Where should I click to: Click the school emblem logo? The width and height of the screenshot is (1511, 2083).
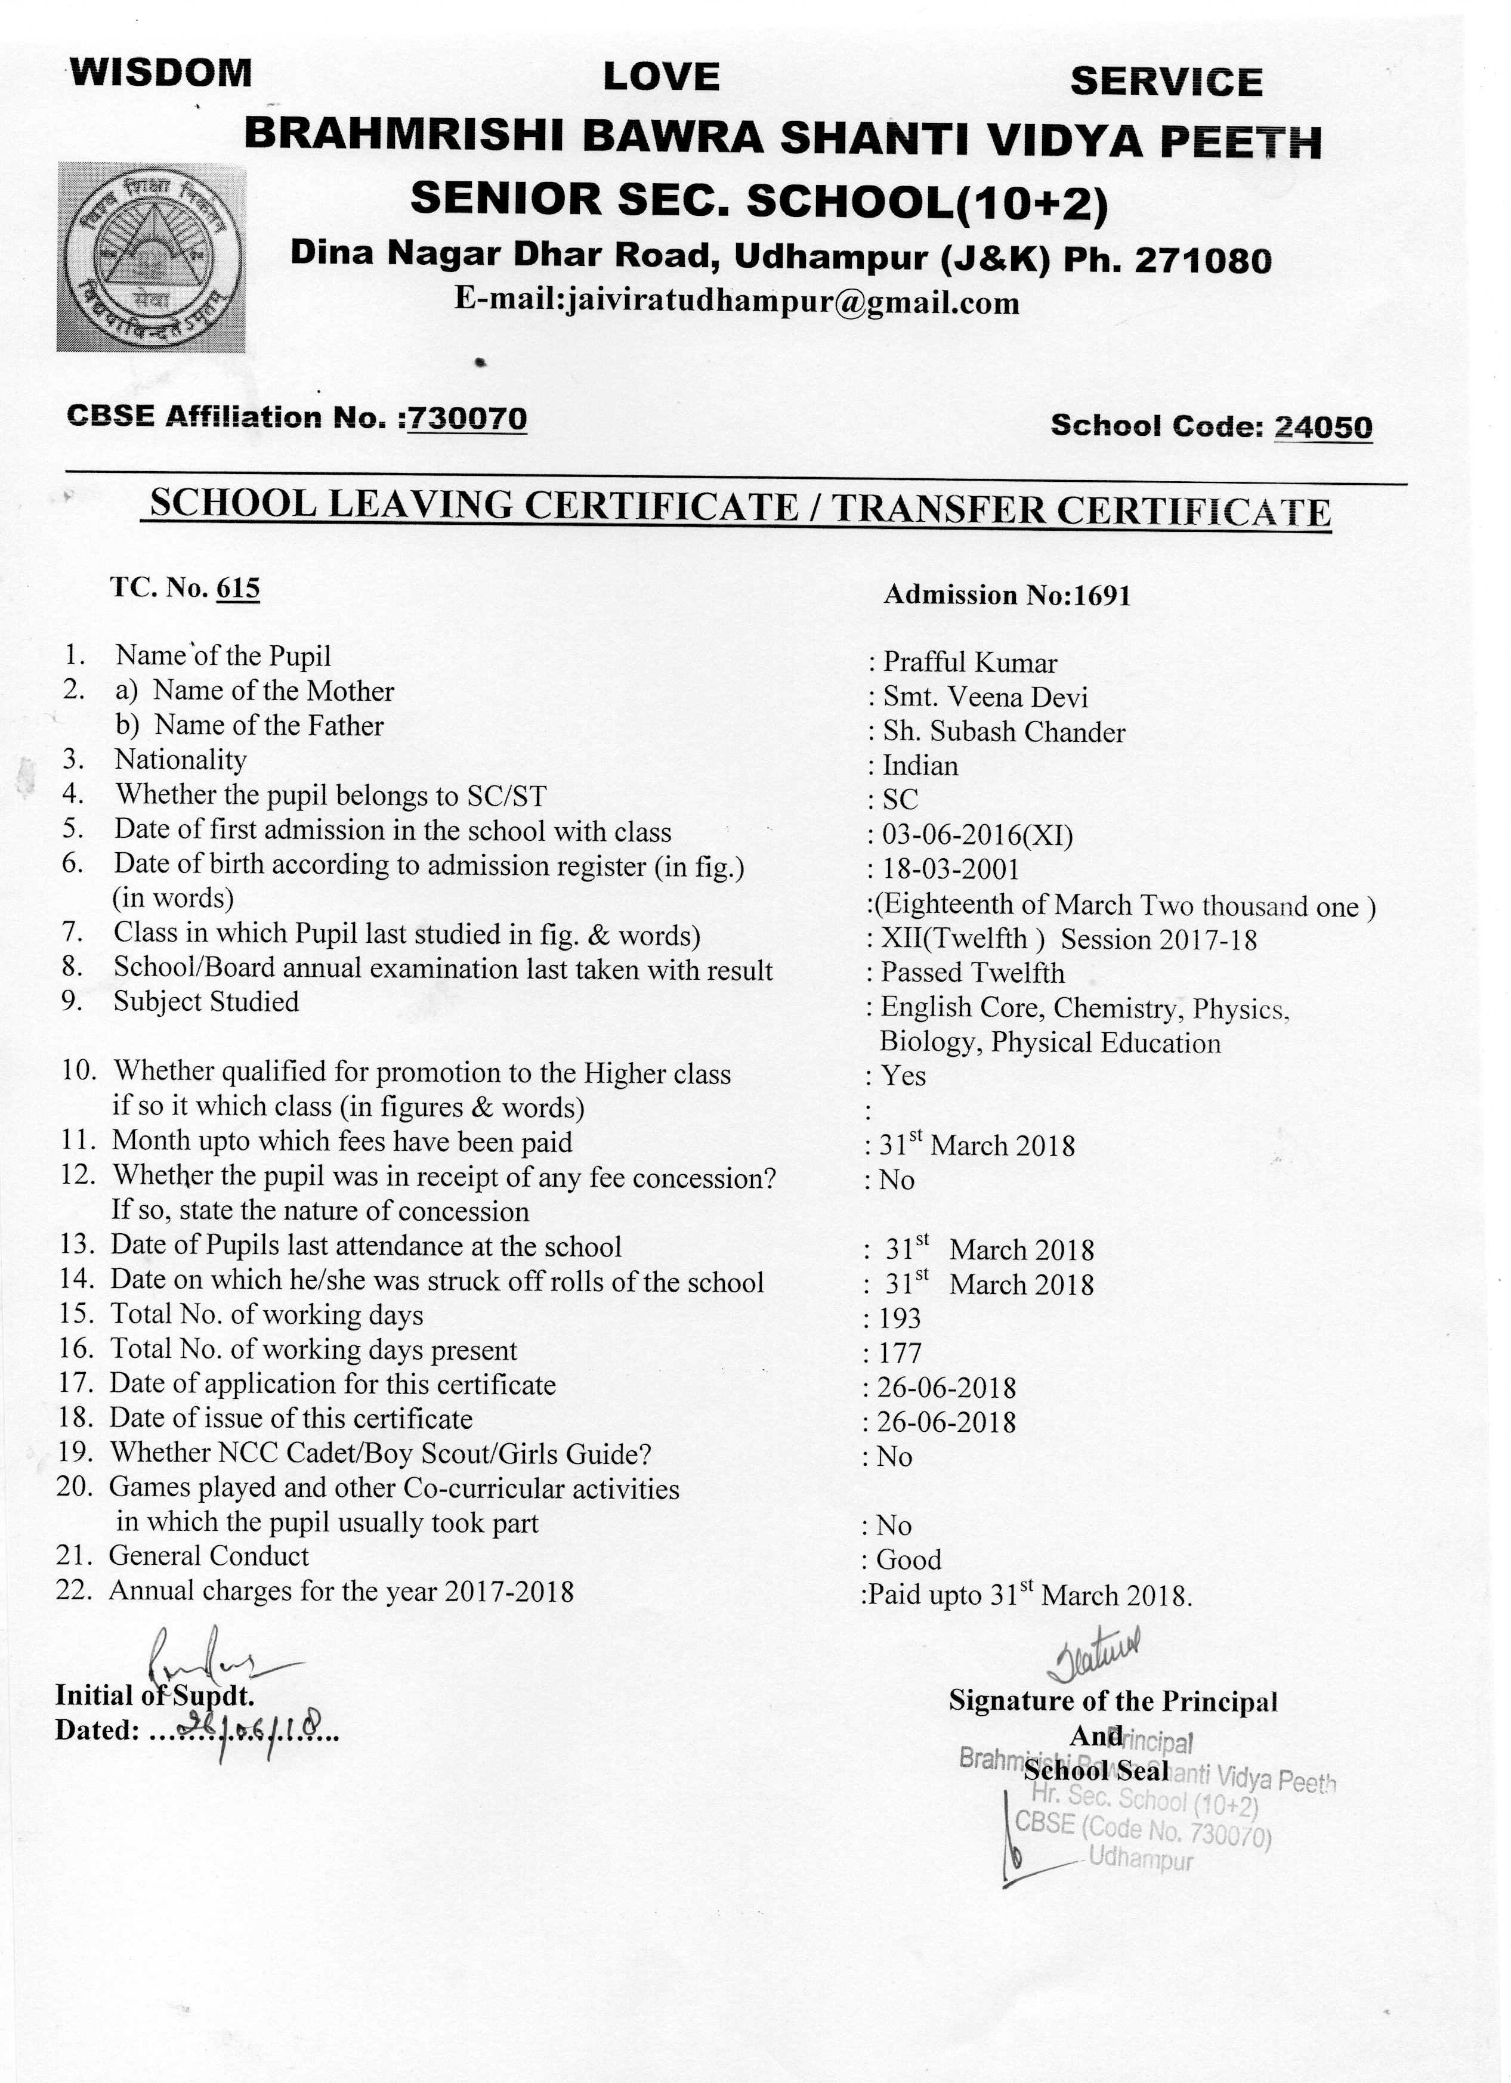click(x=152, y=256)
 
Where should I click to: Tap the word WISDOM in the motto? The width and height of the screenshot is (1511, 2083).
click(x=162, y=73)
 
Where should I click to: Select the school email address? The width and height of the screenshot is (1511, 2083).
click(x=737, y=302)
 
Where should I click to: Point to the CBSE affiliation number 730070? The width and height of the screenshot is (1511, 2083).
click(x=468, y=418)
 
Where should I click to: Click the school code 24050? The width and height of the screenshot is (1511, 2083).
click(x=1322, y=427)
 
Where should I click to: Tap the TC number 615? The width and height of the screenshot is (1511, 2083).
click(x=238, y=588)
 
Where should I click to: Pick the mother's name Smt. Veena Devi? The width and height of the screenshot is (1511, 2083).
click(x=985, y=697)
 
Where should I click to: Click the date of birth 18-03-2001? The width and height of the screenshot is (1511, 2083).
click(x=951, y=869)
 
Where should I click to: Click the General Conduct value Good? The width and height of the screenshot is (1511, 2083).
click(x=909, y=1559)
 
